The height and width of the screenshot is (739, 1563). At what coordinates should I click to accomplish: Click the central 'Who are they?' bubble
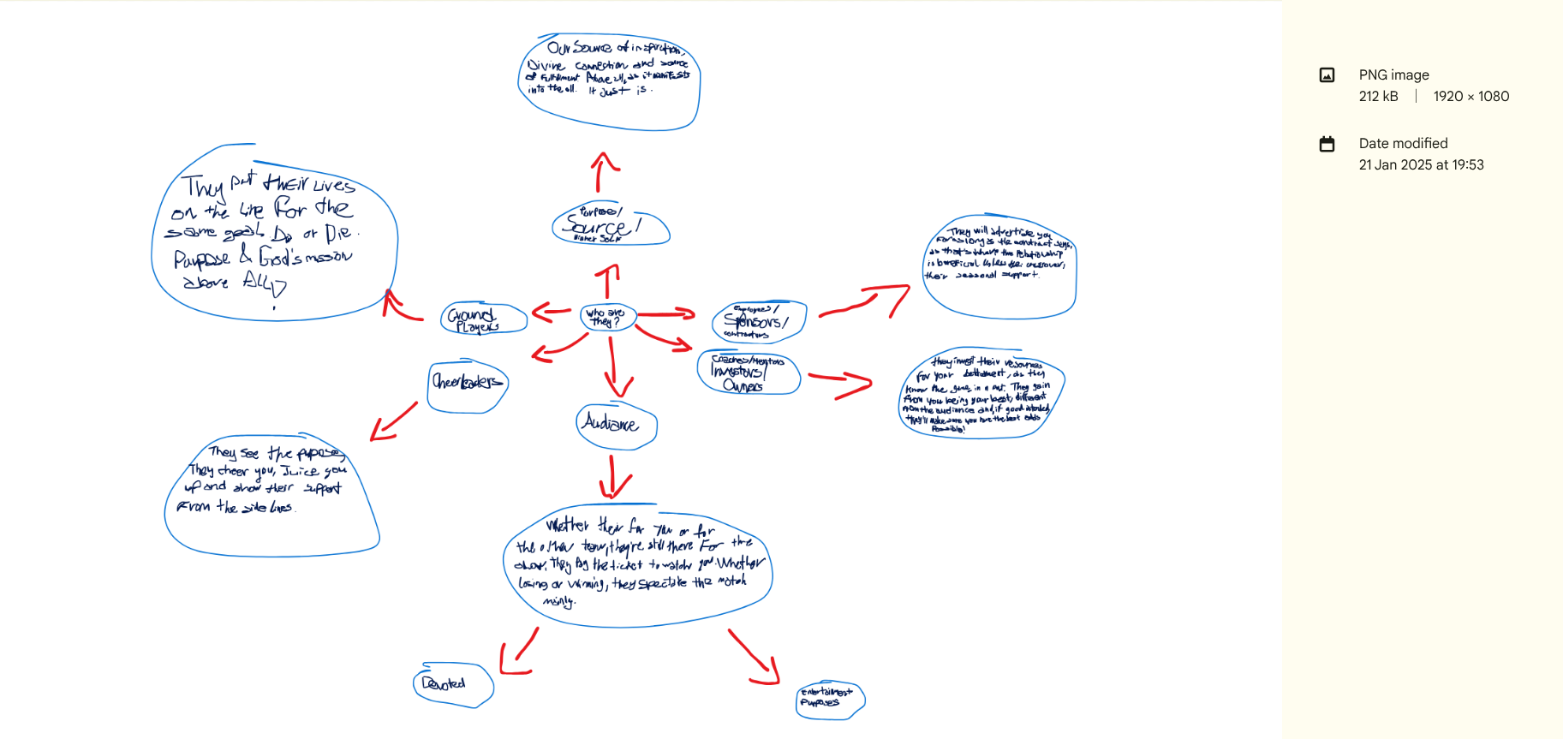pos(607,317)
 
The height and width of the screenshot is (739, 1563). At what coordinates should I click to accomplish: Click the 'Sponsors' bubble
pos(757,321)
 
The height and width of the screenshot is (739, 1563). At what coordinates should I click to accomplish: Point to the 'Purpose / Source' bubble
pos(609,225)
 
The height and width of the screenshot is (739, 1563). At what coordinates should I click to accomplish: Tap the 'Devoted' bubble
pos(452,684)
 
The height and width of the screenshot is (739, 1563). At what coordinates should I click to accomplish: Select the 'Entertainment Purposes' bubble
pos(829,698)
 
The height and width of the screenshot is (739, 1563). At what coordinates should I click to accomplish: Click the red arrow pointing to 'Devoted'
pos(519,653)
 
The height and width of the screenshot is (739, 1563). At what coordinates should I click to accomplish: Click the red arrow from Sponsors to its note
pos(865,301)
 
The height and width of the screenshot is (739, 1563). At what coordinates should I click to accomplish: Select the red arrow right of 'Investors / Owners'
pos(841,384)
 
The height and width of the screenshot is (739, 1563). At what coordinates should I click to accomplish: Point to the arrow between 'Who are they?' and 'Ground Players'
pos(551,312)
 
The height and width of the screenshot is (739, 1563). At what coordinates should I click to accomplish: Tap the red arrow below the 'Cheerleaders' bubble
pos(394,420)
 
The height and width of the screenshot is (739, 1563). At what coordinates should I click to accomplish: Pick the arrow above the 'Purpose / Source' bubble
pos(603,171)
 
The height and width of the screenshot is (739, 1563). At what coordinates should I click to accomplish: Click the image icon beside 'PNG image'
pos(1327,75)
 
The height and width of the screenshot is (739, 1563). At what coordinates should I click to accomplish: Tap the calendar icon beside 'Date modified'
pos(1327,144)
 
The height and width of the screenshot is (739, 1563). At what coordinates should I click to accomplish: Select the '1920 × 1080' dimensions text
pos(1471,97)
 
